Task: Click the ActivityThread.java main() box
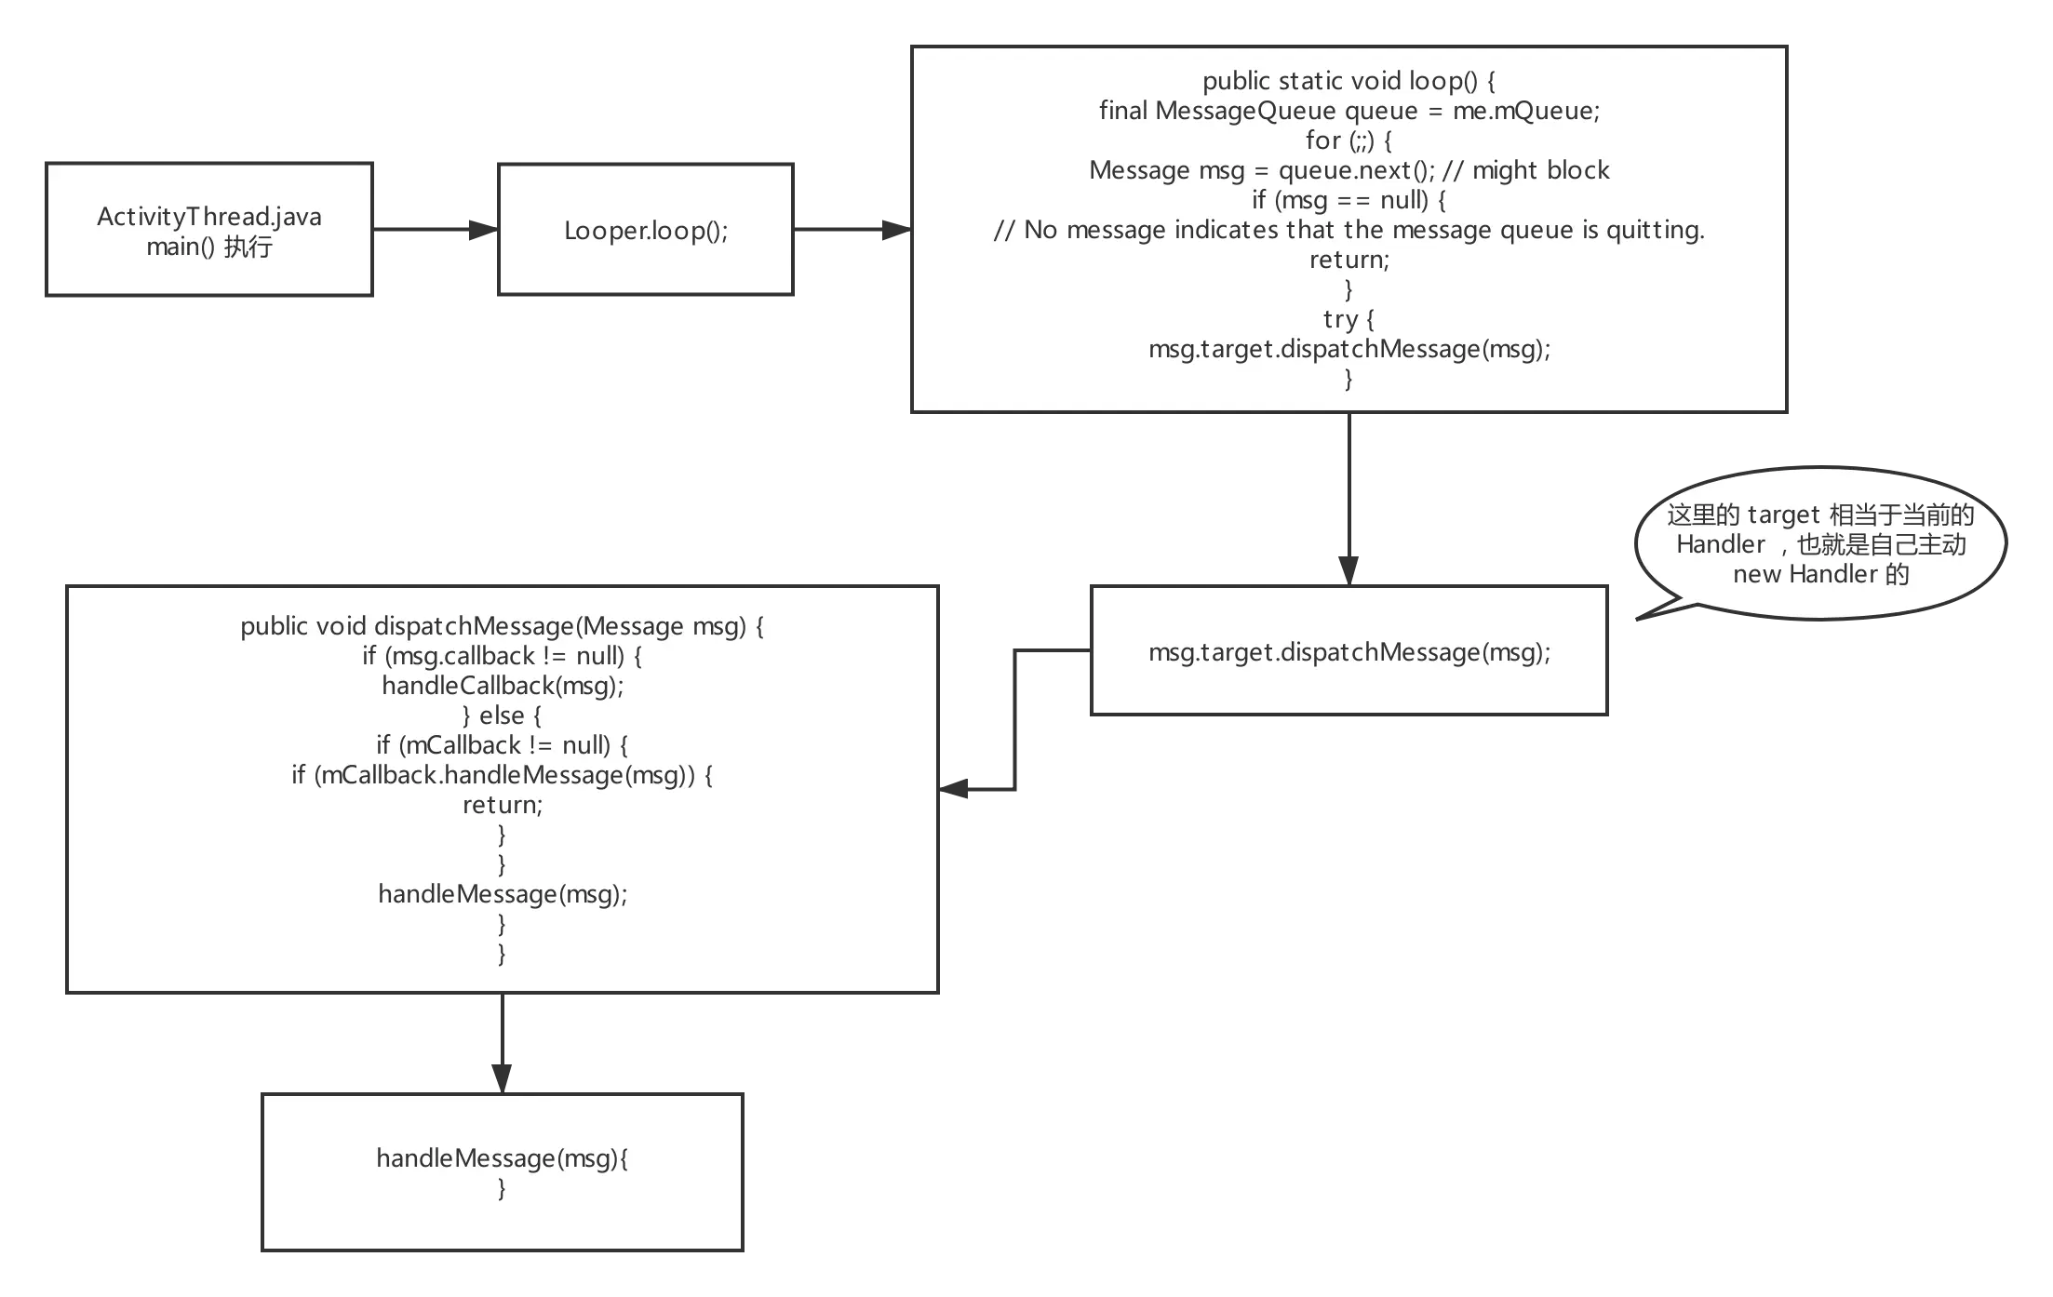pyautogui.click(x=210, y=229)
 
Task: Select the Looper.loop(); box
pyautogui.click(x=644, y=230)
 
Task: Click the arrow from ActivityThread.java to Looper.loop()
pyautogui.click(x=434, y=230)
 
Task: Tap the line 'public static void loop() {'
pyautogui.click(x=1349, y=81)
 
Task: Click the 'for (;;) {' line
pyautogui.click(x=1349, y=140)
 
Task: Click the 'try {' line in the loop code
pyautogui.click(x=1349, y=319)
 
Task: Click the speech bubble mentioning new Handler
pyautogui.click(x=1820, y=544)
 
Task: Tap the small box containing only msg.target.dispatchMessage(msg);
pyautogui.click(x=1349, y=651)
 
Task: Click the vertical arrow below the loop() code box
pyautogui.click(x=1349, y=493)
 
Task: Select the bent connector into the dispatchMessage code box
pyautogui.click(x=1016, y=726)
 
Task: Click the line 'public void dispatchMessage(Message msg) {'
pyautogui.click(x=502, y=626)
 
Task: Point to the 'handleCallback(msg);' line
pyautogui.click(x=502, y=686)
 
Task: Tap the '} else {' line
pyautogui.click(x=502, y=715)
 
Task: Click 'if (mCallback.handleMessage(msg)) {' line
pyautogui.click(x=502, y=775)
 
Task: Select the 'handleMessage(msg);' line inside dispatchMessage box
pyautogui.click(x=502, y=894)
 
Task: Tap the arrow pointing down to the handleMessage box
pyautogui.click(x=502, y=1042)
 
